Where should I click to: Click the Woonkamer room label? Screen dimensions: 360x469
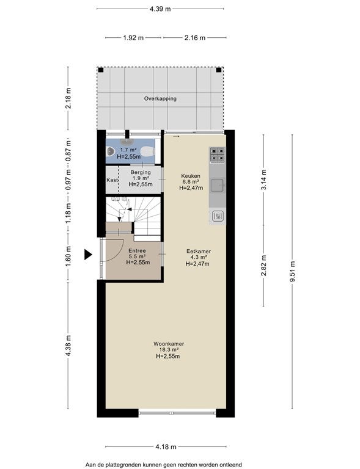[x=169, y=344]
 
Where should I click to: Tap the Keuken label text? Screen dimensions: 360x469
[x=191, y=176]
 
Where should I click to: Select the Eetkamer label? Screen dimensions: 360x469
[x=199, y=252]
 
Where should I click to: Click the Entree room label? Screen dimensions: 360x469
[x=137, y=251]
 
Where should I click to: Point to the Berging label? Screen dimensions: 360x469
[x=141, y=172]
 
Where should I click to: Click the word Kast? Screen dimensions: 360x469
[x=112, y=180]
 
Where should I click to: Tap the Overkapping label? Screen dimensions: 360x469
[x=160, y=99]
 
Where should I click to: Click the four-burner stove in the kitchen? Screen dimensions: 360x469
[x=217, y=155]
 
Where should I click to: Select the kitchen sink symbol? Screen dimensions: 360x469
[x=218, y=185]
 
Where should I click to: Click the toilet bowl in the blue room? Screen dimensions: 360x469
[x=146, y=152]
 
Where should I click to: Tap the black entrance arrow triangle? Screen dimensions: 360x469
[x=88, y=255]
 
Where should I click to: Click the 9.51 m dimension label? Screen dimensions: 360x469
[x=292, y=272]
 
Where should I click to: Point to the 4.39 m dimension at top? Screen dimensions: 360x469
[x=160, y=9]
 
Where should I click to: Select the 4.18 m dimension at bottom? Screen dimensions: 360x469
[x=166, y=447]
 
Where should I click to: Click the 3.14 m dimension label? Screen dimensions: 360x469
[x=263, y=180]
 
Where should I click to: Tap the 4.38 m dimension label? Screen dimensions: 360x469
[x=68, y=346]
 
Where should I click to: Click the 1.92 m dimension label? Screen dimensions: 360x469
[x=133, y=38]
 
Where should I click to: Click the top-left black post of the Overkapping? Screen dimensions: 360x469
[x=101, y=70]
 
